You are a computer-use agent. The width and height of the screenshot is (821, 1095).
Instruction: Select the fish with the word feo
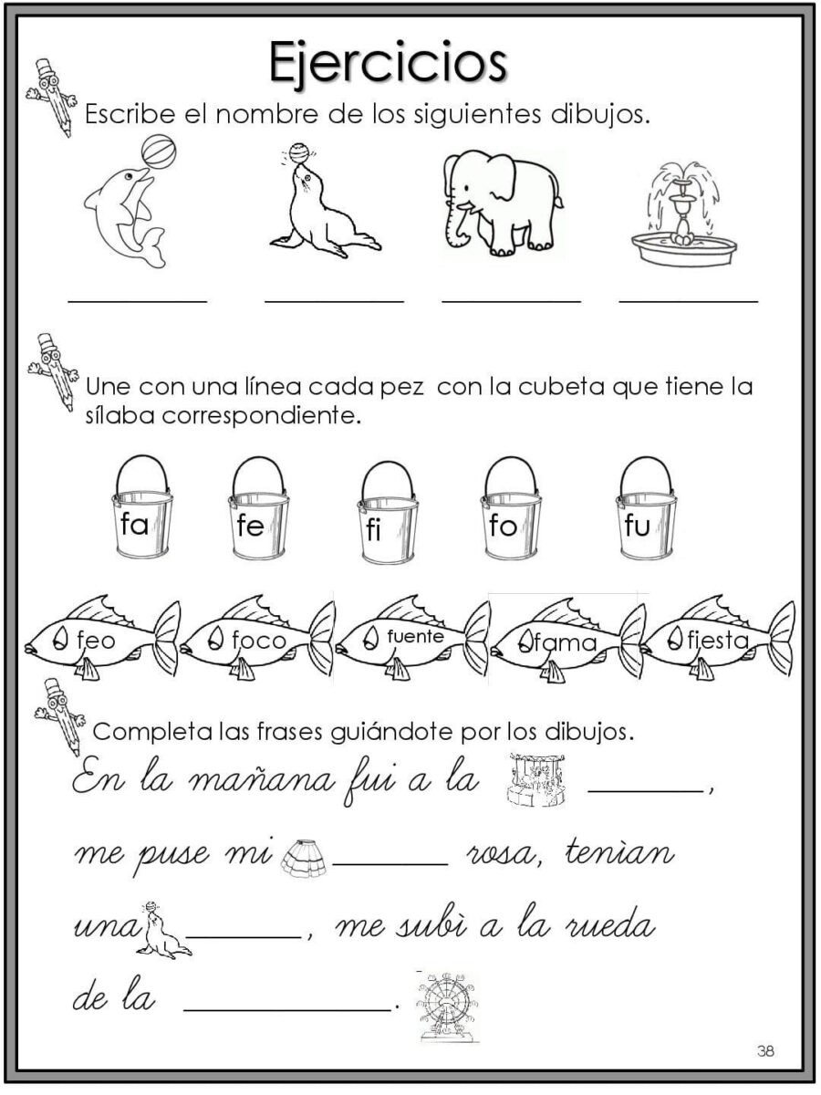coord(100,639)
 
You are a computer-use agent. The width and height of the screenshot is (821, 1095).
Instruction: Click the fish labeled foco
coord(255,639)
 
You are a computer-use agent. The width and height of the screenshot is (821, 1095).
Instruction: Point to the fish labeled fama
coord(566,641)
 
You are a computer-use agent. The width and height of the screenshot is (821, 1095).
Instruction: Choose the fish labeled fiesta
coord(716,639)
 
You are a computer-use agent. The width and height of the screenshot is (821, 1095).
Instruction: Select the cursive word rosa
coord(504,856)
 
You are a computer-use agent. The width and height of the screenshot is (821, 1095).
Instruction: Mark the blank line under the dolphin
coord(137,298)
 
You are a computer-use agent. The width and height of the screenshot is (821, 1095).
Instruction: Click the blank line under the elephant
coord(511,298)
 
